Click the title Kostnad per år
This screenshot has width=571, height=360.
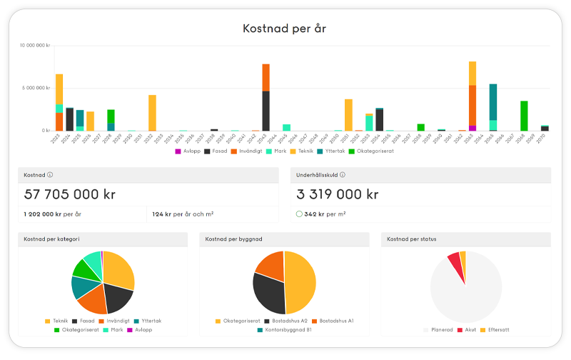[x=285, y=29]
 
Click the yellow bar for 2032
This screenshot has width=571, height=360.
[x=152, y=113]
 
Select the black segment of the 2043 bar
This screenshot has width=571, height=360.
[x=266, y=111]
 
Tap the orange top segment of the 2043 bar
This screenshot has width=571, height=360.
[x=266, y=77]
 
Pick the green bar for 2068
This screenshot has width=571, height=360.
[x=524, y=116]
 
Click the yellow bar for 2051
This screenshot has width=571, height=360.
[x=348, y=114]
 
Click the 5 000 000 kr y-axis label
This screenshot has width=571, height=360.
[x=35, y=88]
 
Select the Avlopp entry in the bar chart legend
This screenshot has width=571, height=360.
[x=189, y=151]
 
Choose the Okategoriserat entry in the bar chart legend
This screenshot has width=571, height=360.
[x=374, y=151]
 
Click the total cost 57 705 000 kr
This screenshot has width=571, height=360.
[x=69, y=194]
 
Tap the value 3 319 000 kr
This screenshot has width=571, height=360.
[x=335, y=194]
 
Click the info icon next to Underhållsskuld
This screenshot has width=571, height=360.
[x=343, y=175]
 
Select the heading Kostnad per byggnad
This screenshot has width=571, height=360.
[x=230, y=239]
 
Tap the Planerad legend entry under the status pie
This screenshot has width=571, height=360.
[x=445, y=329]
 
